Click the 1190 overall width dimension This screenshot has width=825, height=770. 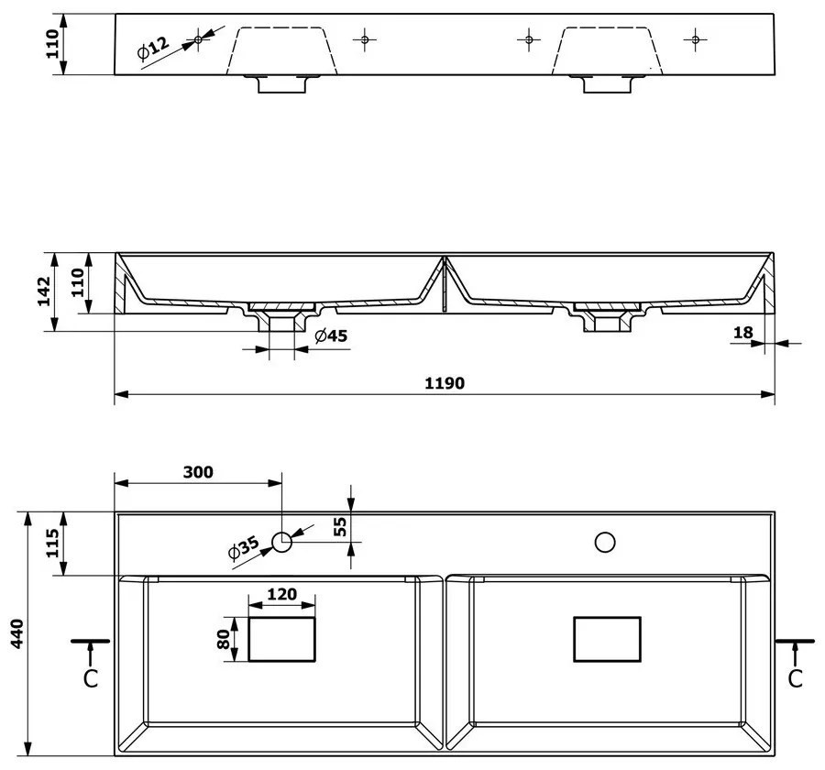(444, 383)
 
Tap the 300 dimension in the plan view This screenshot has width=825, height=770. (197, 472)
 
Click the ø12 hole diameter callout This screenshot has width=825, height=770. (154, 49)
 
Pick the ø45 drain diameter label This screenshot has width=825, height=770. (331, 335)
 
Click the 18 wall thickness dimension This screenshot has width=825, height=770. (742, 332)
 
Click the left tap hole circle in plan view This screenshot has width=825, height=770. (281, 543)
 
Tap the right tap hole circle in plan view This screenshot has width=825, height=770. (605, 543)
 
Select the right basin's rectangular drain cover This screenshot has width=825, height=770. (606, 639)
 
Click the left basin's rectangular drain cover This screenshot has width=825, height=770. (281, 639)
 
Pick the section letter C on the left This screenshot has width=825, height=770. (90, 678)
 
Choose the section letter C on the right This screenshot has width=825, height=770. (795, 678)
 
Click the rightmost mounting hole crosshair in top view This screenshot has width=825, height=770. (696, 38)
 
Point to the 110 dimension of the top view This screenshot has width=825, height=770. (53, 43)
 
